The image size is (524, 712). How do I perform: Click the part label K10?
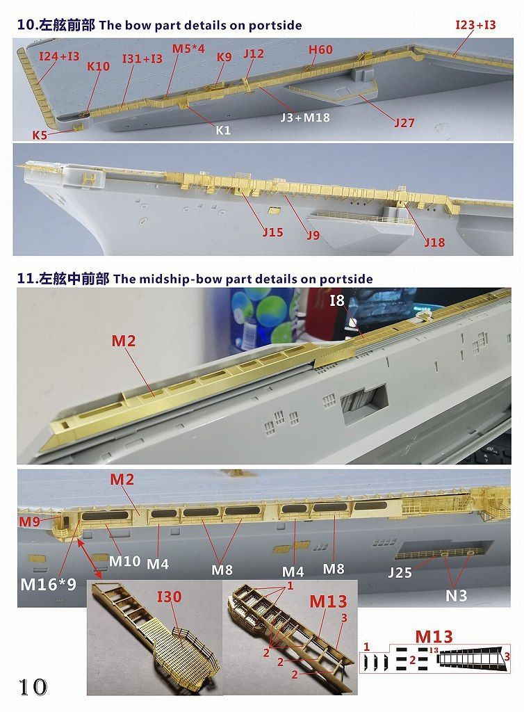tap(98, 66)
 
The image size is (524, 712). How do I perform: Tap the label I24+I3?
tap(59, 56)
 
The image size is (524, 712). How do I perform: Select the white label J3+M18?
tap(304, 118)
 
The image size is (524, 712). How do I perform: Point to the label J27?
tap(404, 122)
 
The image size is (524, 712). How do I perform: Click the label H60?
tap(320, 49)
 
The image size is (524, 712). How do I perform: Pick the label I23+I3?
tap(475, 25)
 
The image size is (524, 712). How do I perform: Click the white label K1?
tap(223, 130)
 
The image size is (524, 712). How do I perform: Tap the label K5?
tap(40, 135)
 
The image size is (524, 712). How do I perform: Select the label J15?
tap(272, 232)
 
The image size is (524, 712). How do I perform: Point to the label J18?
tap(434, 243)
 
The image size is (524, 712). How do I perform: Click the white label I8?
tap(336, 300)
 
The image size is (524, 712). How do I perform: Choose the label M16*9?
tap(48, 584)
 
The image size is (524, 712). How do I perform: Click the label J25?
tap(400, 573)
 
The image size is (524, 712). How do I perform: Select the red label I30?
tap(169, 597)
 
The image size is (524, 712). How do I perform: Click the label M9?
tap(29, 521)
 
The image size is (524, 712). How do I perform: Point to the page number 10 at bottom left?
tap(33, 687)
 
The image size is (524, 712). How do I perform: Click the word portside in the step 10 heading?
tap(275, 26)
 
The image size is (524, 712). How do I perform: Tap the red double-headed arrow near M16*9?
tap(90, 560)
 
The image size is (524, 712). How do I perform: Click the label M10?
tap(125, 561)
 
